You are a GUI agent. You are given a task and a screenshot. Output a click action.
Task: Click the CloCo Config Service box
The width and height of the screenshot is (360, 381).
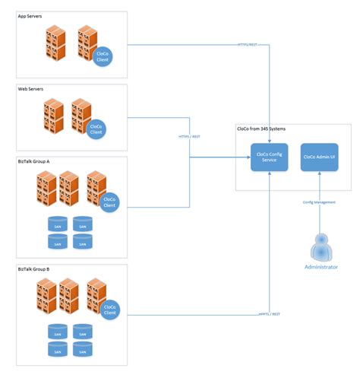265,157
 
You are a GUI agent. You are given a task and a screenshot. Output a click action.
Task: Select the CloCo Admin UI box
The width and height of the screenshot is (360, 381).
320,157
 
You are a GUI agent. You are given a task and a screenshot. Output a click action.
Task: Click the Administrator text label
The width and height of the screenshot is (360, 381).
321,268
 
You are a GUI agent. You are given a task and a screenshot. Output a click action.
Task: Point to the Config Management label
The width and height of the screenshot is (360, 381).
319,202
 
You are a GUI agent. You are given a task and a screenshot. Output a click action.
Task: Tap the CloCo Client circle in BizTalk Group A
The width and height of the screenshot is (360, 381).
109,202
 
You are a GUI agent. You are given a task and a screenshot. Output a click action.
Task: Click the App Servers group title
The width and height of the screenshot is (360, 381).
31,16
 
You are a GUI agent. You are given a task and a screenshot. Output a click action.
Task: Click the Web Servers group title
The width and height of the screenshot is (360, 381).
31,89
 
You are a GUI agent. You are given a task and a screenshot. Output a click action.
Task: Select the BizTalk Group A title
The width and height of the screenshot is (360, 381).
35,162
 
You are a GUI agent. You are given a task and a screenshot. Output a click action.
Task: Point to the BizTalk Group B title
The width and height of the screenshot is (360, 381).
35,270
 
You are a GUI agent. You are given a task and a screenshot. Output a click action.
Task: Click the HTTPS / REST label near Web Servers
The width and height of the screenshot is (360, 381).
189,137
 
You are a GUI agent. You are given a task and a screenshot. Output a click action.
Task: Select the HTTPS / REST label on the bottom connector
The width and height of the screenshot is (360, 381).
270,312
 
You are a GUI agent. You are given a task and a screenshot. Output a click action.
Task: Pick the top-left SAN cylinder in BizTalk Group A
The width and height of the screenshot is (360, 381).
56,225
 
